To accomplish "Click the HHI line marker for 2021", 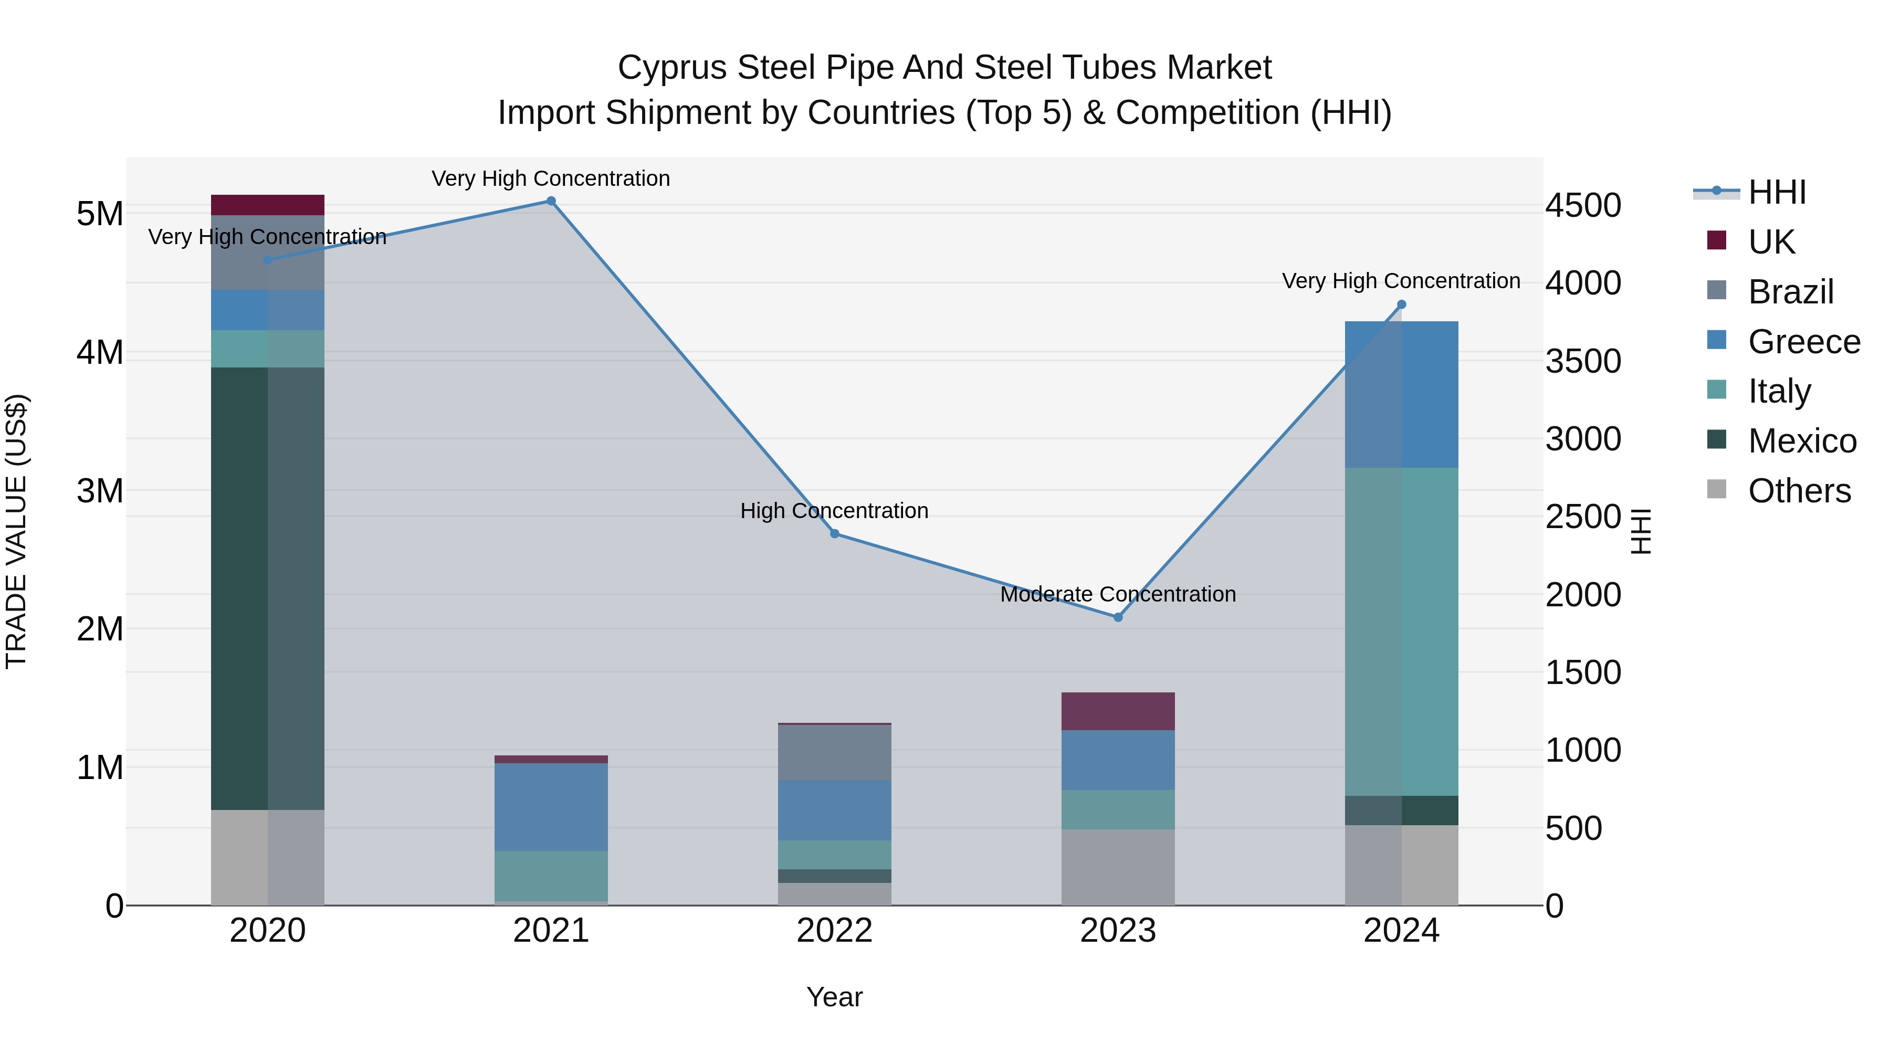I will pos(551,201).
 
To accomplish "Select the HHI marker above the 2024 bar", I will pos(1401,304).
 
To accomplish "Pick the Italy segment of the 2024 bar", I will pos(1401,631).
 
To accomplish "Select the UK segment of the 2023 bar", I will pos(1118,711).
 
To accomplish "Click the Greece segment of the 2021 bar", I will pos(551,807).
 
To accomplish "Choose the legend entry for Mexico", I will pos(1801,441).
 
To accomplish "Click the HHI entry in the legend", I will pos(1776,192).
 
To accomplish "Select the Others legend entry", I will pos(1798,491).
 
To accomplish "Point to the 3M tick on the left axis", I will pos(100,491).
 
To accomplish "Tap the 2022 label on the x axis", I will pos(834,931).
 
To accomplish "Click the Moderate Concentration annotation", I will pos(1118,594).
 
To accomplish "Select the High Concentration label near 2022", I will pos(834,511).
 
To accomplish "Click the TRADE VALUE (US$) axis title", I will pos(16,531).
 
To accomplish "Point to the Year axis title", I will pos(834,997).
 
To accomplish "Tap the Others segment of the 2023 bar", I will pos(1118,867).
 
